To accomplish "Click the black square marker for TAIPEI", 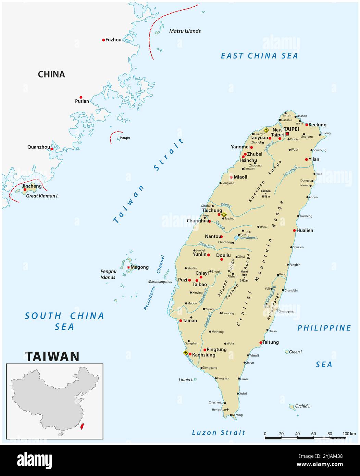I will [287, 134].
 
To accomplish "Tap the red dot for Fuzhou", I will [103, 40].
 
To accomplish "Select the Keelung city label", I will [317, 125].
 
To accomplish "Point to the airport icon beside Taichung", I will [224, 214].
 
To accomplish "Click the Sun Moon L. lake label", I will [249, 238].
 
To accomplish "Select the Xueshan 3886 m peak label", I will [266, 193].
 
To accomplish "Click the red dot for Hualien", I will [295, 230].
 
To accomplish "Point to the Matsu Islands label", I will [185, 31].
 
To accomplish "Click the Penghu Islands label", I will [108, 274].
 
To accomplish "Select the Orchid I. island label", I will [302, 406].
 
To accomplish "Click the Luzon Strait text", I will [219, 433].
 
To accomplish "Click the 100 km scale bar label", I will [349, 434].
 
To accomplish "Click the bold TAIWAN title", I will [52, 356].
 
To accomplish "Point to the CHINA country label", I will [51, 74].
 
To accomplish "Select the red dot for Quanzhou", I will [52, 149].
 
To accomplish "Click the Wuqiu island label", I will [125, 138].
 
